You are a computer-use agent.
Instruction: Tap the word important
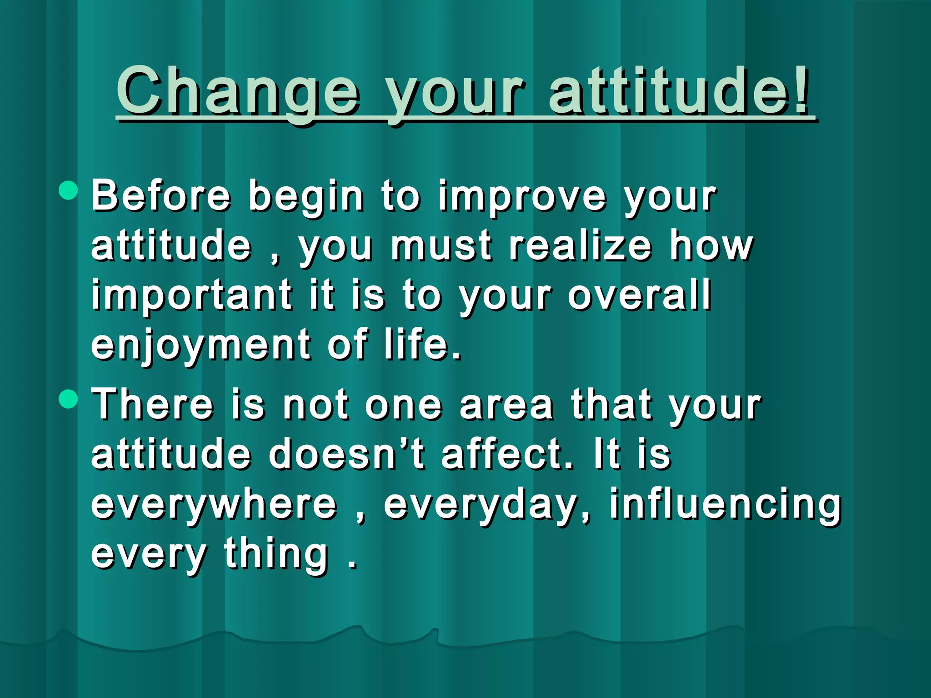pyautogui.click(x=191, y=296)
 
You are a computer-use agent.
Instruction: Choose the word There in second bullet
pyautogui.click(x=152, y=404)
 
